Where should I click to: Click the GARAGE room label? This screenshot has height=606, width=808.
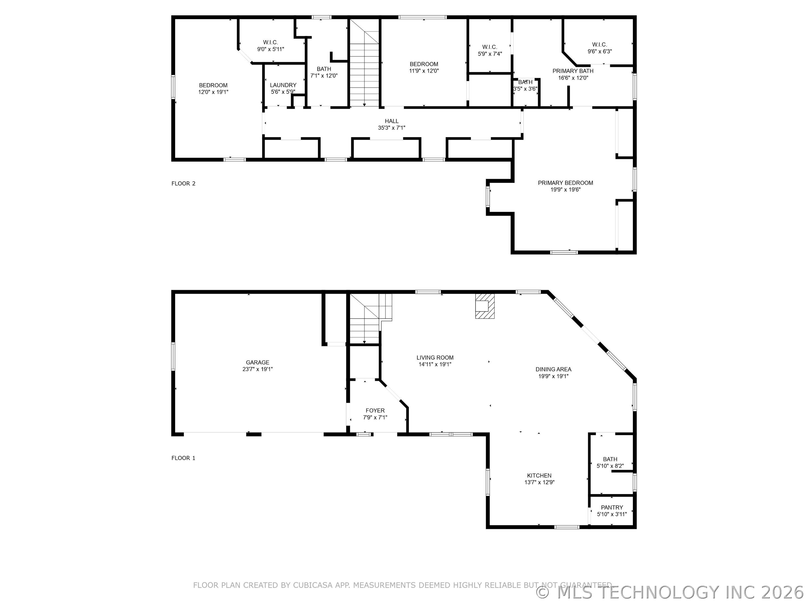[257, 362]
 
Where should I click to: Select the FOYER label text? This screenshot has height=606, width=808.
[375, 410]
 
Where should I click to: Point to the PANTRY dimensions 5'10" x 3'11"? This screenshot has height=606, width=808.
[612, 514]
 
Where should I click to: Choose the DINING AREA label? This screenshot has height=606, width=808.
[553, 369]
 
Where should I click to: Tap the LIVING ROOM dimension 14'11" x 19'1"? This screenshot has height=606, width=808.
[435, 364]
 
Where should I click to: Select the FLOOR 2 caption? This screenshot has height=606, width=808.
[183, 183]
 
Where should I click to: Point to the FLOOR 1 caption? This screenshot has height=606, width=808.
[183, 458]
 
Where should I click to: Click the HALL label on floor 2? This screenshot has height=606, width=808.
[392, 121]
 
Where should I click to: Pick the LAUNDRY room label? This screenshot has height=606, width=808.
[283, 85]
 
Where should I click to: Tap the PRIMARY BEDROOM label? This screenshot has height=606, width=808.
[565, 183]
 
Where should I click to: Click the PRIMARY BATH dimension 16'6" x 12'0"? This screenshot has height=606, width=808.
[573, 78]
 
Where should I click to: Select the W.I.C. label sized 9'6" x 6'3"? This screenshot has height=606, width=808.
[600, 45]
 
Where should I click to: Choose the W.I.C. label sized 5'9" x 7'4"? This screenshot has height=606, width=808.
[490, 47]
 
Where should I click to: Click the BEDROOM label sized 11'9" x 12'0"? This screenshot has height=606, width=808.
[424, 64]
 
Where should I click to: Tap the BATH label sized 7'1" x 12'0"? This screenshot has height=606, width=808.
[324, 69]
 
